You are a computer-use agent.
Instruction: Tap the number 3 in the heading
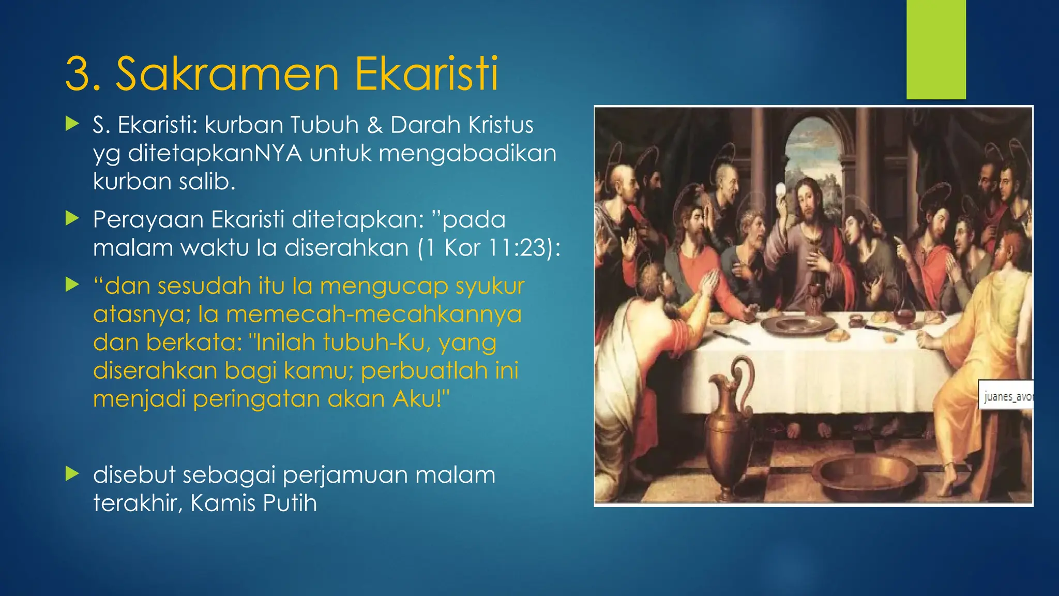(x=81, y=74)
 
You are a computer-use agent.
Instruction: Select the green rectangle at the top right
(x=936, y=49)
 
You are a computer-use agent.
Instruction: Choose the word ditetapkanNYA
(x=215, y=154)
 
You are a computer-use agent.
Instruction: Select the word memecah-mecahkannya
(x=374, y=315)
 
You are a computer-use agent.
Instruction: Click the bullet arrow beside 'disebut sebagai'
(x=72, y=474)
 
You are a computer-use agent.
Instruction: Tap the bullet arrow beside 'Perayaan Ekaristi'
(x=72, y=219)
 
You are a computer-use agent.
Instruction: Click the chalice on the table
(x=813, y=295)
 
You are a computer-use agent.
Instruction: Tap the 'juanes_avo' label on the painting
(x=1006, y=397)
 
